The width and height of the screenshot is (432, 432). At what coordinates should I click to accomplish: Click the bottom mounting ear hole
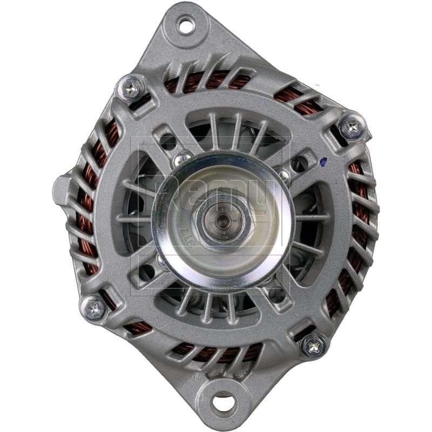(x=224, y=402)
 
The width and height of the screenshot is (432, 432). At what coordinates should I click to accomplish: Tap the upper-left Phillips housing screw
(x=132, y=88)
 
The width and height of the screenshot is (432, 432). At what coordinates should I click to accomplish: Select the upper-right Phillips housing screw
(x=351, y=127)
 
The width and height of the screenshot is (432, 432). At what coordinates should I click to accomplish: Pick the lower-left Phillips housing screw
(x=94, y=308)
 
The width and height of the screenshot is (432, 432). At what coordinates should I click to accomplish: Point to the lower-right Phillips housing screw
(x=314, y=345)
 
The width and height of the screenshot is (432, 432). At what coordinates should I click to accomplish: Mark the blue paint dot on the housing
(x=323, y=160)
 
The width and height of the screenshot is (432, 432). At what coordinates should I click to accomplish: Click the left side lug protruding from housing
(x=61, y=186)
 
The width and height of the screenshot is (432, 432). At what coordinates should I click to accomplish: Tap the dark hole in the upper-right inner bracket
(x=298, y=165)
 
